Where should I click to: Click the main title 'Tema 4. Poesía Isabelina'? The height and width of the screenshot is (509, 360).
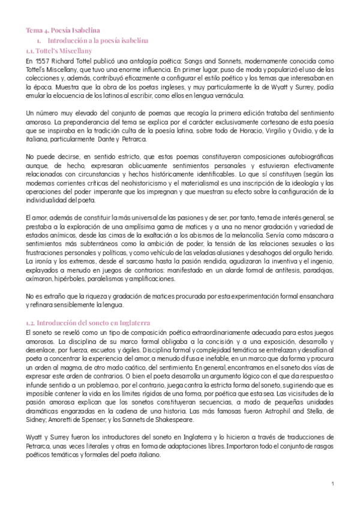[x=62, y=29]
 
